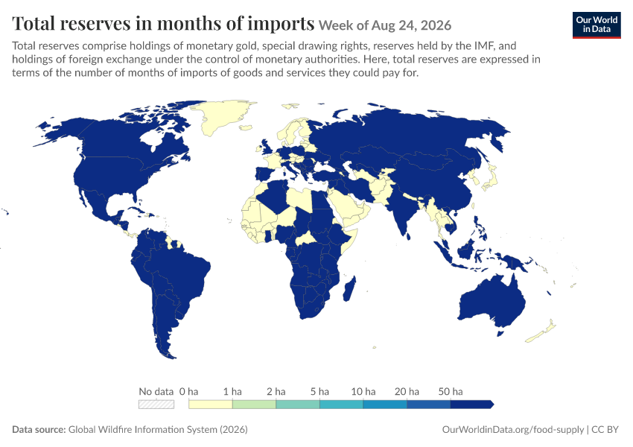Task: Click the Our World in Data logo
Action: pyautogui.click(x=597, y=25)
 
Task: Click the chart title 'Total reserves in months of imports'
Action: pyautogui.click(x=163, y=23)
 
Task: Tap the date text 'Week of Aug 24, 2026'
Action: pyautogui.click(x=385, y=25)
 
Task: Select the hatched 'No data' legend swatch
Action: pyautogui.click(x=156, y=405)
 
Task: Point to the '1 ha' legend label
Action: pyautogui.click(x=232, y=391)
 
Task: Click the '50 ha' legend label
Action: pyautogui.click(x=451, y=391)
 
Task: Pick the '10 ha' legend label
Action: pyautogui.click(x=363, y=391)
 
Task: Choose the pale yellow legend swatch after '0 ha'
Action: pyautogui.click(x=211, y=405)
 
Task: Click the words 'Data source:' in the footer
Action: pyautogui.click(x=39, y=429)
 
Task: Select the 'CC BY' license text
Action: pyautogui.click(x=605, y=429)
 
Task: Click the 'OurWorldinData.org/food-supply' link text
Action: pyautogui.click(x=513, y=429)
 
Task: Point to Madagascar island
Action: pyautogui.click(x=349, y=289)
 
